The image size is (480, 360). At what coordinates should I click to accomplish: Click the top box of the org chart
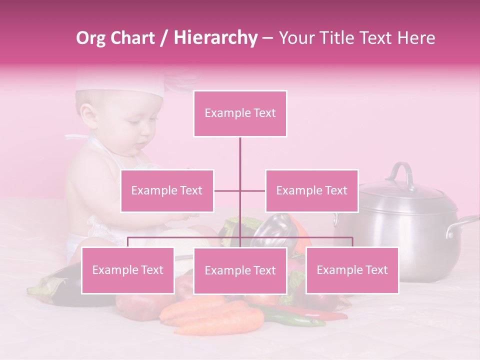[x=240, y=113]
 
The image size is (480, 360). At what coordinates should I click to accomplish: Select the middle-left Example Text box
[x=167, y=190]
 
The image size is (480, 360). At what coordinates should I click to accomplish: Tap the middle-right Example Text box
[x=311, y=190]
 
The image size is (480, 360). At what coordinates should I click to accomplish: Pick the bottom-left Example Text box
[x=128, y=270]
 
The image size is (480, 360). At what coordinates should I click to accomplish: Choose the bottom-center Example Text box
[x=240, y=271]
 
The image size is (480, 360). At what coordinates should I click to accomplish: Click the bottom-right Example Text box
[x=352, y=270]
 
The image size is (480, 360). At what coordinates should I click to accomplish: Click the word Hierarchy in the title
[x=215, y=38]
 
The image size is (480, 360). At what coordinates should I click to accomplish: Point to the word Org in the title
[x=91, y=38]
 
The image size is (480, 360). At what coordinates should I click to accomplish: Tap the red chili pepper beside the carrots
[x=325, y=314]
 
